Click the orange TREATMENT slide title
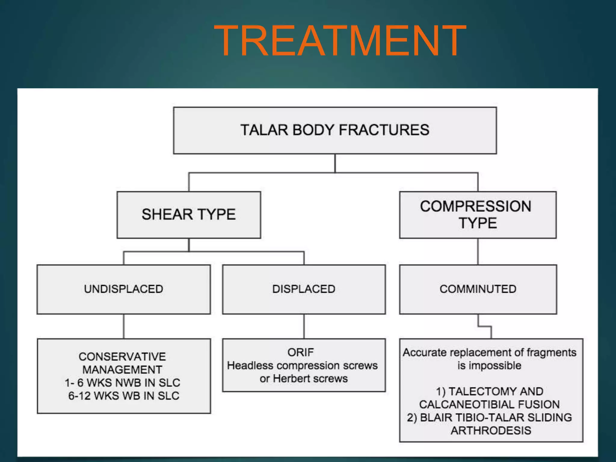coord(340,41)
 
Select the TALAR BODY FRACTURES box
coord(335,130)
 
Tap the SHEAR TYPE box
coord(189,215)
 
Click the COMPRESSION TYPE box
coord(478,215)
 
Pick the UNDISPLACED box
coord(124,289)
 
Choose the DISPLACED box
coord(304,289)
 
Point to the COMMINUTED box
coord(478,289)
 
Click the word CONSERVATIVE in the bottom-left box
coord(122,357)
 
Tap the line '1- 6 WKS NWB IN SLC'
coord(122,383)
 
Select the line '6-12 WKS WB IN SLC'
coord(124,396)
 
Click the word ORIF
coord(300,352)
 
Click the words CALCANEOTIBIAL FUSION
coord(489,405)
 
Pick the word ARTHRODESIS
coord(491,430)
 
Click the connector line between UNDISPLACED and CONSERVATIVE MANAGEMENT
coord(124,326)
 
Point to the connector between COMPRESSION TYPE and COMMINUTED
coord(478,251)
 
